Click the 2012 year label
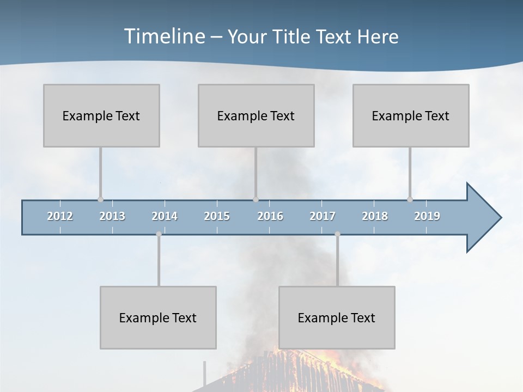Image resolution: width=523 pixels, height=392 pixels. click(x=60, y=216)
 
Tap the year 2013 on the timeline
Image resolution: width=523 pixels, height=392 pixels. click(x=112, y=216)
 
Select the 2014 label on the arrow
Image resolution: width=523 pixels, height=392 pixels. click(x=165, y=216)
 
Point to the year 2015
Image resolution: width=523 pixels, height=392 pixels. click(x=217, y=216)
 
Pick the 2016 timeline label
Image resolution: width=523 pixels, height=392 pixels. click(x=270, y=216)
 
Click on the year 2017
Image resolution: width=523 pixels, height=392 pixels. click(x=323, y=216)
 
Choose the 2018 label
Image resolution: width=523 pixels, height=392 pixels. click(x=375, y=216)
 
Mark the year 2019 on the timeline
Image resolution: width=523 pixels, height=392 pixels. click(x=427, y=216)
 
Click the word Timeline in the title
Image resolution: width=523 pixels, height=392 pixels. click(x=163, y=36)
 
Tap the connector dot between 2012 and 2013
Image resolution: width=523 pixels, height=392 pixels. click(x=100, y=199)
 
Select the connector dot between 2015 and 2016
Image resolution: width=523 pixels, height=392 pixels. click(x=256, y=199)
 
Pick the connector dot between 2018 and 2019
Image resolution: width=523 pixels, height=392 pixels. click(x=410, y=199)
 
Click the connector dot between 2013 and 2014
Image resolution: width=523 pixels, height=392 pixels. click(x=159, y=234)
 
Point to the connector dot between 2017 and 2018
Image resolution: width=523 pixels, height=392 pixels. click(x=337, y=234)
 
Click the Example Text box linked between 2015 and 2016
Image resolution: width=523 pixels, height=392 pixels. click(x=256, y=115)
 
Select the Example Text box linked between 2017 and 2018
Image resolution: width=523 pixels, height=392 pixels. click(x=337, y=317)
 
